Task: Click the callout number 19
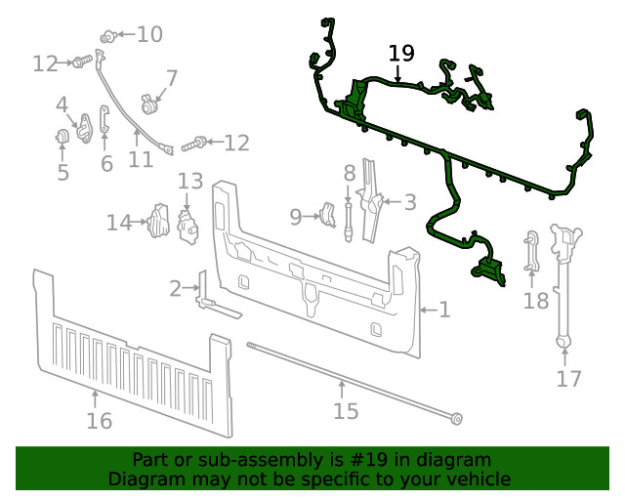coord(401,53)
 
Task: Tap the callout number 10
coord(149,35)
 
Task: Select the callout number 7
coord(171,78)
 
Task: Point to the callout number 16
coord(99,421)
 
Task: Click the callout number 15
coord(346,411)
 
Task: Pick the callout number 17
coord(568,379)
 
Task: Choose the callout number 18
coord(536,301)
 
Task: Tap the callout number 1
coord(444,311)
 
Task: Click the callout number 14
coord(118,224)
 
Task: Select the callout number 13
coord(190,181)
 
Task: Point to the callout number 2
coord(176,288)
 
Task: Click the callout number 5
coord(62,173)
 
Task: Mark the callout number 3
coord(410,202)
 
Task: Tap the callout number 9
coord(296,216)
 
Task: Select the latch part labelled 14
coord(158,223)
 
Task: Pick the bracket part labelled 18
coord(532,251)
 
